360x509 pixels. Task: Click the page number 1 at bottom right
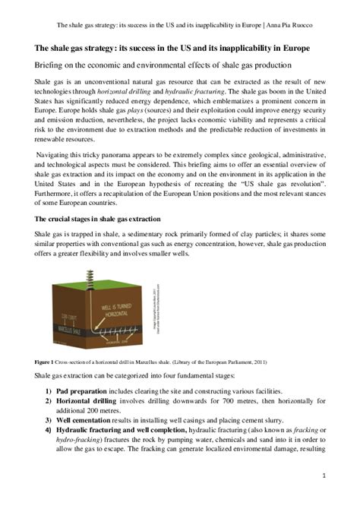(324, 476)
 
